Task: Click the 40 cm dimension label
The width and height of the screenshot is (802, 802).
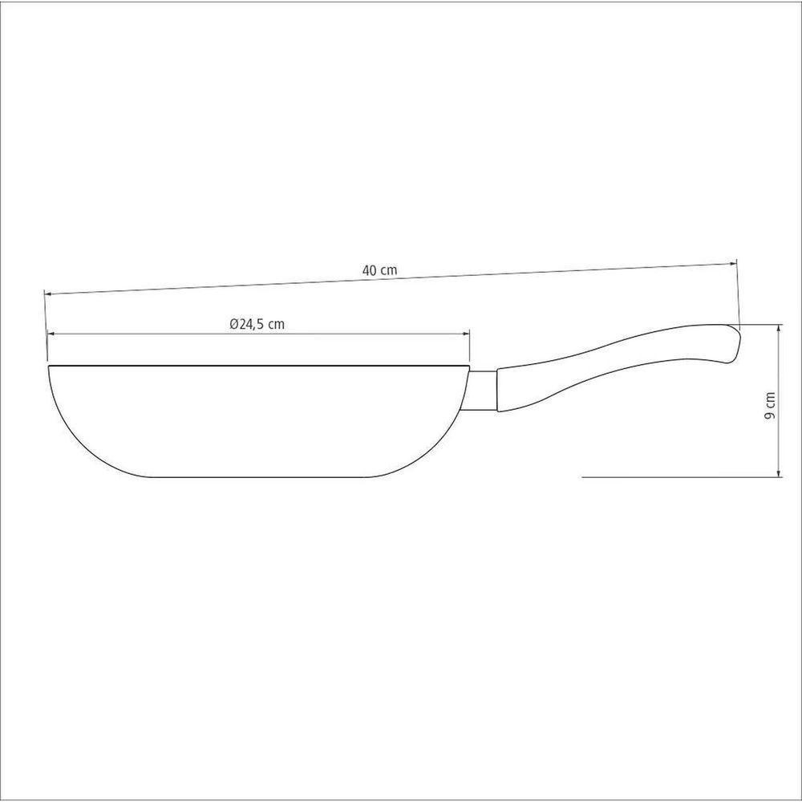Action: click(x=379, y=270)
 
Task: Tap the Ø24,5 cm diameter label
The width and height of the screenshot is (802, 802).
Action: click(x=257, y=324)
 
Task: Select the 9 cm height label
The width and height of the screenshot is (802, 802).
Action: click(x=769, y=406)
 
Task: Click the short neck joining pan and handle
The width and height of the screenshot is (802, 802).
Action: click(x=483, y=391)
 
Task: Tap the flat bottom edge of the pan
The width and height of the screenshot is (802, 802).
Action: click(x=260, y=477)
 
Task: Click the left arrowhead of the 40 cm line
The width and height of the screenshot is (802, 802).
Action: click(x=48, y=294)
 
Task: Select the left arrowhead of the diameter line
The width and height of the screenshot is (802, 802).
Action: click(x=51, y=334)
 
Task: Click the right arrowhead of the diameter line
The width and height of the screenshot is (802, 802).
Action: click(x=466, y=334)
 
